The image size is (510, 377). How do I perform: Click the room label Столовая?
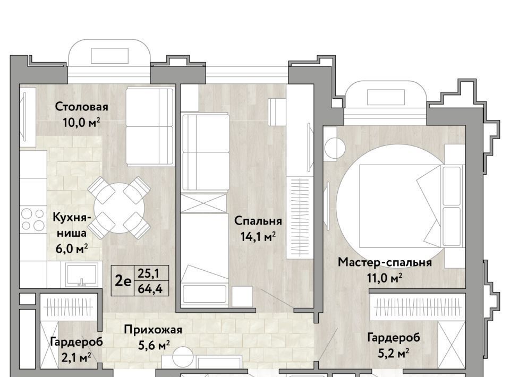tap(81, 107)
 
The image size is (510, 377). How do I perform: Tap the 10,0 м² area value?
tap(81, 123)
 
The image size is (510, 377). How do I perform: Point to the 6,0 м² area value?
tap(72, 249)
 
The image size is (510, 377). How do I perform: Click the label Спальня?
tap(258, 221)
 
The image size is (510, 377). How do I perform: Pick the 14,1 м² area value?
tap(258, 237)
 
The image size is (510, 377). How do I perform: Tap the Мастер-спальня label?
tap(385, 262)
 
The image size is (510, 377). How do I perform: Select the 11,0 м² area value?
tap(385, 278)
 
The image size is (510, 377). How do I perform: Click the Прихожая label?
tap(153, 330)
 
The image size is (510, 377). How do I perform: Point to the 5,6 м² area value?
tap(154, 346)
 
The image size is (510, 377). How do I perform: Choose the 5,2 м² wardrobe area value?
tap(393, 353)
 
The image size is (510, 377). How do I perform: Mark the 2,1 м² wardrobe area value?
tap(76, 358)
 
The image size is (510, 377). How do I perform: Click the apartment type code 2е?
tap(123, 281)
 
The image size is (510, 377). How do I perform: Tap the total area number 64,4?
tap(150, 289)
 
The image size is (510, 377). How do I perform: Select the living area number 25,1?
tap(148, 273)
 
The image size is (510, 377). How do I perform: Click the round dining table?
tap(119, 208)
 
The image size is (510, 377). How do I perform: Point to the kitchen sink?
tap(81, 275)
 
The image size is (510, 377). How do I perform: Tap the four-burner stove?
tap(33, 219)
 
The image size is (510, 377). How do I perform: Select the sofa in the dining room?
tap(150, 126)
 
